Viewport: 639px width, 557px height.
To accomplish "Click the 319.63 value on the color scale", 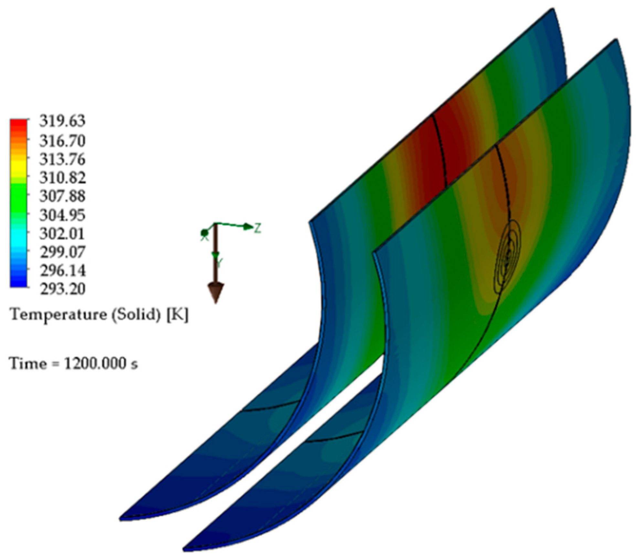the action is tap(62, 121).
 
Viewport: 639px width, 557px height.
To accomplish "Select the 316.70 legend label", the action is tap(62, 141).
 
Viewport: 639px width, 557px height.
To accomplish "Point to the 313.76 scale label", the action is tap(62, 159).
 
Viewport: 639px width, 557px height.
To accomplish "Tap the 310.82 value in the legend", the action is tap(62, 178).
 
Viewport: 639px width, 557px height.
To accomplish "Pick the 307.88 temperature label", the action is tap(62, 196).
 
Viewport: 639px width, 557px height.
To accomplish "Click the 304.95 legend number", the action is tap(62, 215).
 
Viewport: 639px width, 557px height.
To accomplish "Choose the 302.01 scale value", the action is tap(62, 233).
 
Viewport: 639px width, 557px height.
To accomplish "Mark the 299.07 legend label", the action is tap(62, 252).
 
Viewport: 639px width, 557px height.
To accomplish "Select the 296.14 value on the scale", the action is tap(62, 270).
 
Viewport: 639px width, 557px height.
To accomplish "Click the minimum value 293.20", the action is tap(62, 289).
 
